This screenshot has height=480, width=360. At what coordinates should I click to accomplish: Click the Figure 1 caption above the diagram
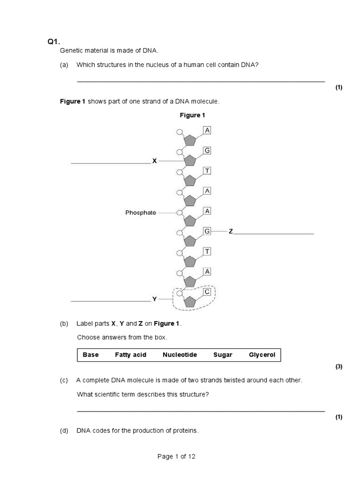tap(193, 115)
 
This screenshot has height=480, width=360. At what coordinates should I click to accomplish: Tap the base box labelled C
tap(207, 292)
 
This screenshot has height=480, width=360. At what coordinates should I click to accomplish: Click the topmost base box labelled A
tap(207, 130)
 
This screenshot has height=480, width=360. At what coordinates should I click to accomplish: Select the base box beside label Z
tap(207, 231)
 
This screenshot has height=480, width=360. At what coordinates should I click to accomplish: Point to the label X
tap(154, 161)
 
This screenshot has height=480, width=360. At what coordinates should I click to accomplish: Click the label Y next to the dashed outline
tap(154, 298)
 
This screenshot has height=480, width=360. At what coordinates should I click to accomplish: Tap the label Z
tap(231, 232)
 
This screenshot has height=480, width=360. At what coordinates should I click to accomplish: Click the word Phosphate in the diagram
tap(141, 212)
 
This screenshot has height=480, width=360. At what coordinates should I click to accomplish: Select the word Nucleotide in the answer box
tap(180, 355)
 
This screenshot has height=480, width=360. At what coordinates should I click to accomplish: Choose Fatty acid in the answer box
tap(130, 355)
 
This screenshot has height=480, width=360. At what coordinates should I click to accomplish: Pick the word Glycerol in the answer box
tap(262, 355)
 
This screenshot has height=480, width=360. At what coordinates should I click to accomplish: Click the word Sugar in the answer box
tap(223, 355)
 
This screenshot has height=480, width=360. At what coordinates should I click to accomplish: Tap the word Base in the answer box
tap(90, 355)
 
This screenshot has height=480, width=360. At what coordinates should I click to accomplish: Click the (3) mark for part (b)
tap(339, 367)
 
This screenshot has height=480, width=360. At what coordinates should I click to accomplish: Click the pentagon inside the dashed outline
tap(189, 302)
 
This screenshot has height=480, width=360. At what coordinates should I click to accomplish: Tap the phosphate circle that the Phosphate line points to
tap(179, 212)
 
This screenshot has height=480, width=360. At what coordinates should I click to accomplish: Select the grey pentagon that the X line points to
tap(189, 160)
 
